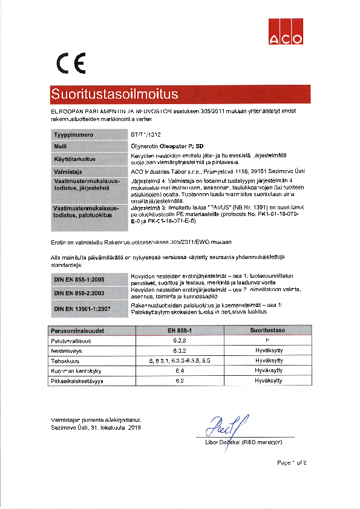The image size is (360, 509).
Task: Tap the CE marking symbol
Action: point(71,62)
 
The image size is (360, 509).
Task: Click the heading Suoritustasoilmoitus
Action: point(114,94)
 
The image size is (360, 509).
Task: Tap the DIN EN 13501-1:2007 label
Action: point(85,309)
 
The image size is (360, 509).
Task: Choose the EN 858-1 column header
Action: point(179,330)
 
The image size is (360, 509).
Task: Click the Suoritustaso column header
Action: point(267,330)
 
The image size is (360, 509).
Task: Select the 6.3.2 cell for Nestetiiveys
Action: point(179,350)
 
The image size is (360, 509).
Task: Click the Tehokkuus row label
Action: point(65,360)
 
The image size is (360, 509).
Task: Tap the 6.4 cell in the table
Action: point(179,370)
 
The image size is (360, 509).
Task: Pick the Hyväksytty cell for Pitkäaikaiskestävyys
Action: point(268,380)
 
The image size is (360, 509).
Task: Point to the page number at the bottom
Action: point(292,462)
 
